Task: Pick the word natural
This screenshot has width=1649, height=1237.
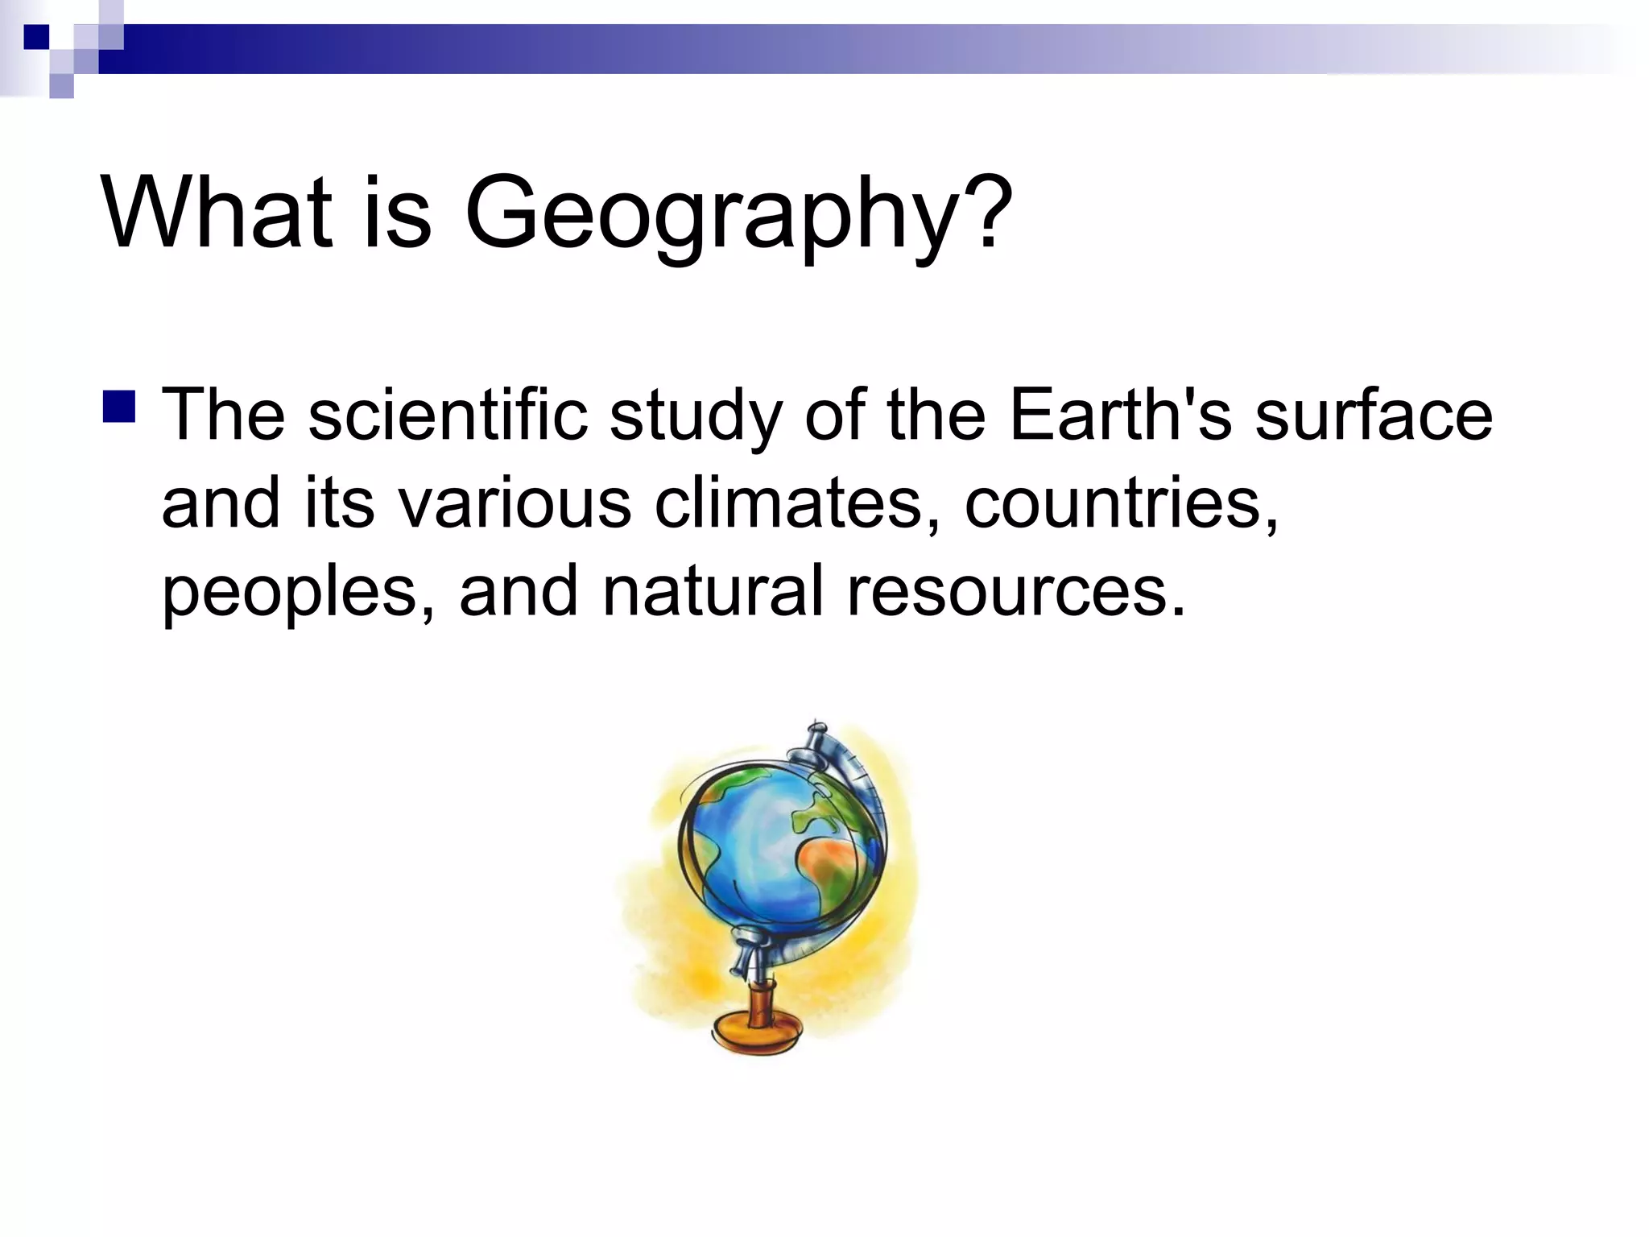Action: tap(713, 590)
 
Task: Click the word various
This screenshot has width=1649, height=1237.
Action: tap(515, 503)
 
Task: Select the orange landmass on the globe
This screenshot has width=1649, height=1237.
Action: tap(829, 862)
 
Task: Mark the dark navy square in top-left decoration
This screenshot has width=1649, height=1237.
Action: tap(37, 37)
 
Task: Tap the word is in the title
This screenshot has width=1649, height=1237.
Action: tap(397, 213)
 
